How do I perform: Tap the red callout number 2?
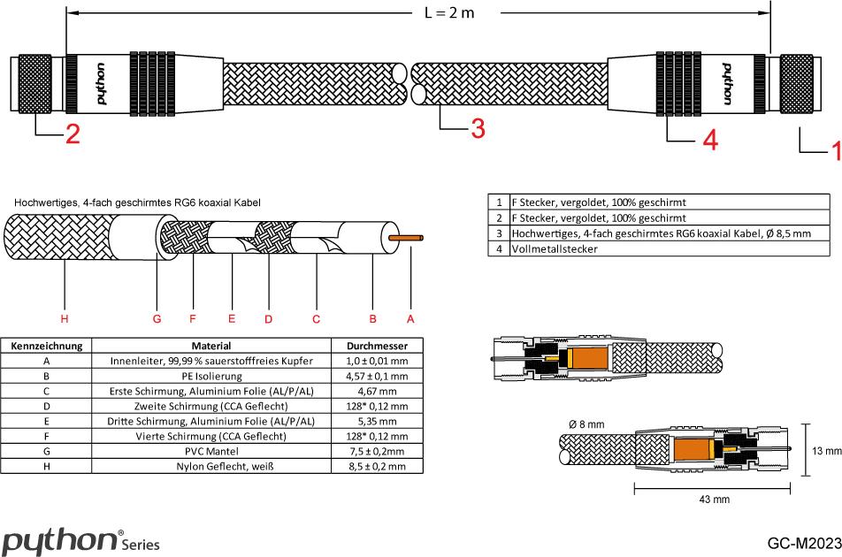tap(71, 135)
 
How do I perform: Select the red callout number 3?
tap(477, 130)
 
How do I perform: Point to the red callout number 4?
tap(709, 140)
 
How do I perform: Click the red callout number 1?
tap(834, 153)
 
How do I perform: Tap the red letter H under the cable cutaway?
tap(64, 318)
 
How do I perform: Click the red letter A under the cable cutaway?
tap(410, 318)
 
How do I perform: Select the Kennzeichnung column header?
tap(46, 346)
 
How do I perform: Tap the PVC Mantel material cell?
tap(211, 450)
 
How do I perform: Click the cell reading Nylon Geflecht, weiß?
tap(211, 465)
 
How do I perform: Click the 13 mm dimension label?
tap(826, 450)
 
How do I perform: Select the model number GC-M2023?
tap(803, 542)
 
